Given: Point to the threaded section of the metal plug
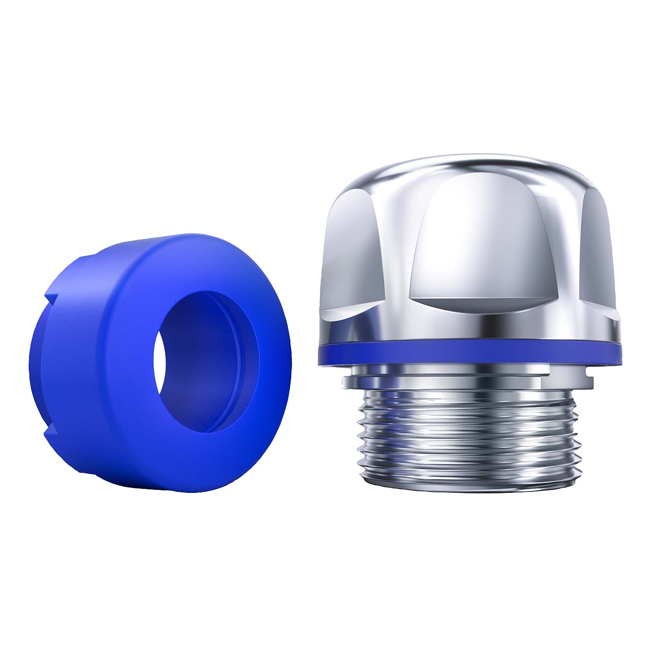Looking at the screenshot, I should coord(469,424).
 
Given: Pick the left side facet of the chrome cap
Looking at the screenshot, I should coord(352,249).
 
